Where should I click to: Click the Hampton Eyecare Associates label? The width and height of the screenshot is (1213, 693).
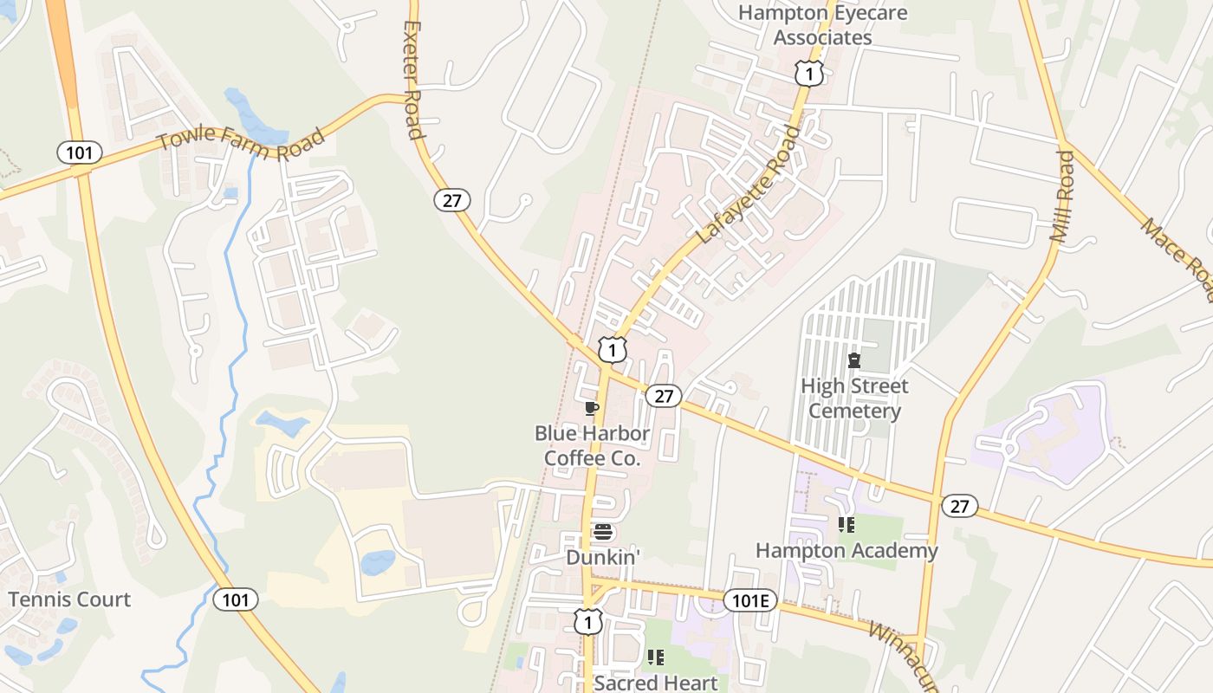pyautogui.click(x=822, y=25)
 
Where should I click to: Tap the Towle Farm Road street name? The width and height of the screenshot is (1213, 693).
pyautogui.click(x=241, y=144)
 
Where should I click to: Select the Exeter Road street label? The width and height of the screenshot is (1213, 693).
pyautogui.click(x=412, y=80)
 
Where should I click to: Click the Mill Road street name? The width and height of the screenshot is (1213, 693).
pyautogui.click(x=1061, y=197)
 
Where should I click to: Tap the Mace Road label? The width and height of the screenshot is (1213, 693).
pyautogui.click(x=1177, y=260)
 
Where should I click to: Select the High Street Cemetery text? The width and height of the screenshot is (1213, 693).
pyautogui.click(x=854, y=398)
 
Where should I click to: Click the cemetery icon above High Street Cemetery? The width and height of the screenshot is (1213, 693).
pyautogui.click(x=854, y=360)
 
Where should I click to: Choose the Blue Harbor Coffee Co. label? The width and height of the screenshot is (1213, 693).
pyautogui.click(x=592, y=445)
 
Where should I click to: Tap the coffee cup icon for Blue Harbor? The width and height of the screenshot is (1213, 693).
pyautogui.click(x=592, y=408)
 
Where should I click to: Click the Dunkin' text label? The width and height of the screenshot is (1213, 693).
pyautogui.click(x=603, y=558)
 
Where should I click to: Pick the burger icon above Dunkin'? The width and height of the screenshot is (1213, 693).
pyautogui.click(x=603, y=531)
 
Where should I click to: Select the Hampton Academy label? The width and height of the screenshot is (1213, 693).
pyautogui.click(x=847, y=551)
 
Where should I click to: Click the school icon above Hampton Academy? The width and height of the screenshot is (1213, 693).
pyautogui.click(x=847, y=524)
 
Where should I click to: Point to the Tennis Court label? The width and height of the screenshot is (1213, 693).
pyautogui.click(x=69, y=599)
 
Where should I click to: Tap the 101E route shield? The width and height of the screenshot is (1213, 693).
pyautogui.click(x=750, y=601)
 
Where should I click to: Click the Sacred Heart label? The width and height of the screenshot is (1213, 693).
pyautogui.click(x=656, y=683)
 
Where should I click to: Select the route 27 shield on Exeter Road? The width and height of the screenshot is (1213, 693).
pyautogui.click(x=452, y=201)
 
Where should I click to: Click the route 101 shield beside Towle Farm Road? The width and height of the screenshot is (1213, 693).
pyautogui.click(x=80, y=153)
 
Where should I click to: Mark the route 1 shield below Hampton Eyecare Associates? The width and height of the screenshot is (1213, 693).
pyautogui.click(x=808, y=74)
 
